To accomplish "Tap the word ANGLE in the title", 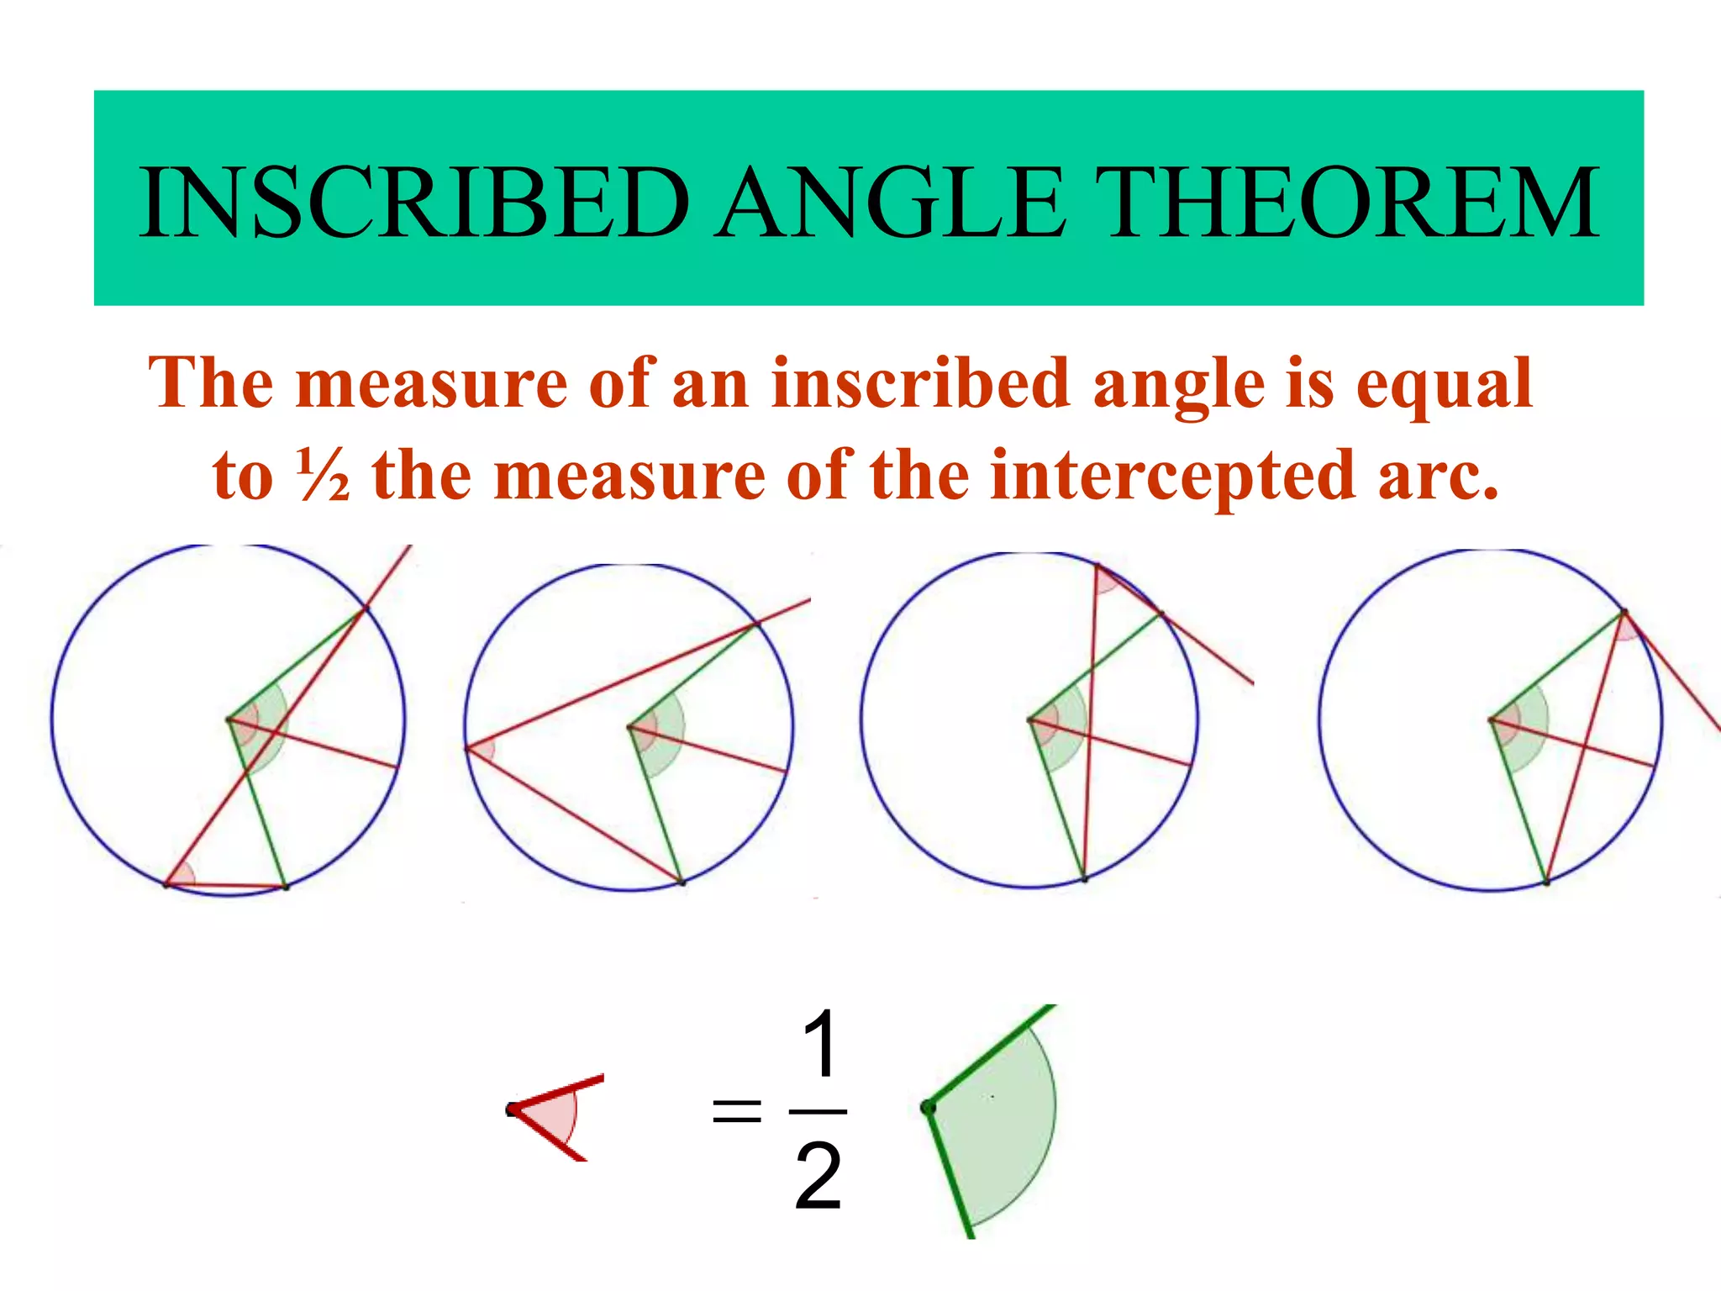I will coord(893,203).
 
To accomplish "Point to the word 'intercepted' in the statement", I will coord(1173,476).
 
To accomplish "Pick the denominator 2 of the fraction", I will coord(818,1177).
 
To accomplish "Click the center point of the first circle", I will coord(229,719).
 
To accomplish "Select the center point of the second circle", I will coord(630,726).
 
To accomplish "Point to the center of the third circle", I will coord(1030,719).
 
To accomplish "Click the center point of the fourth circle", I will coord(1492,719).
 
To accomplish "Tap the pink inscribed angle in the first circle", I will coord(181,876).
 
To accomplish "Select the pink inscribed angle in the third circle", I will coord(1106,579).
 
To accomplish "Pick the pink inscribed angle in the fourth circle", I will coord(1626,626).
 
